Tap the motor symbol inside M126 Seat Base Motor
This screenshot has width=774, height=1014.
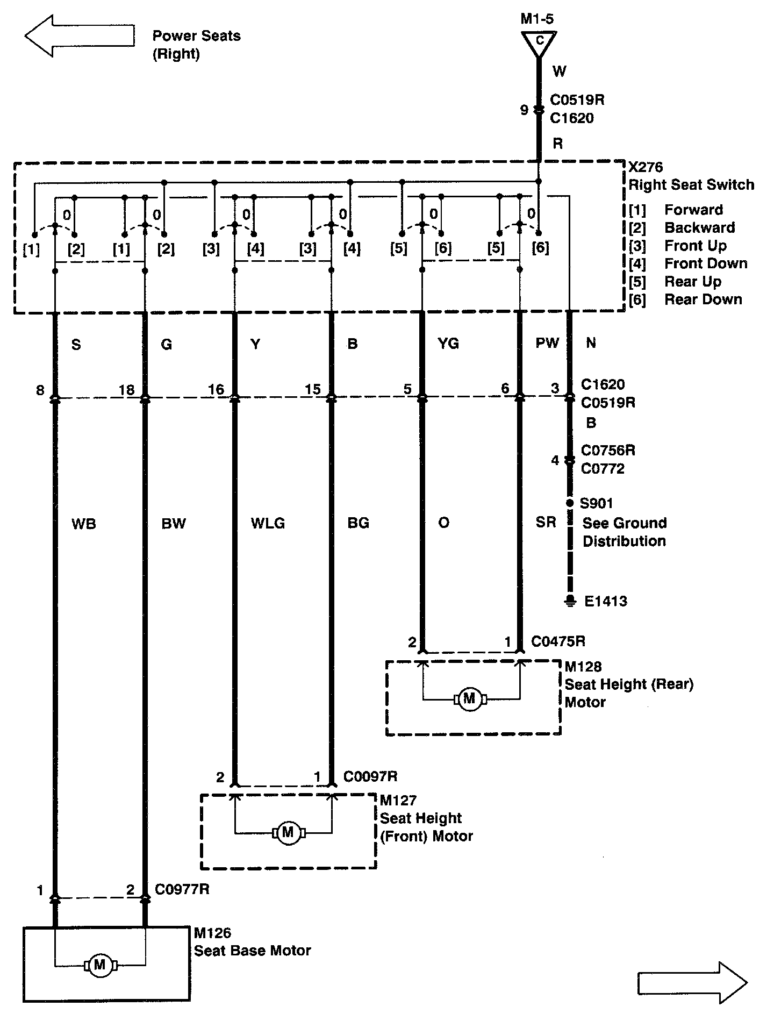click(x=100, y=965)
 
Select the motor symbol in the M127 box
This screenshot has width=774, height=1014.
click(x=288, y=833)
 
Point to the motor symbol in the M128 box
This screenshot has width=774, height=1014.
click(x=470, y=698)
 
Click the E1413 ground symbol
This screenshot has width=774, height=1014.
click(x=570, y=601)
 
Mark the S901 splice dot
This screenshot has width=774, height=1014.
click(x=570, y=503)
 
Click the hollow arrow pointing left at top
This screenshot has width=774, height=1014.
click(x=79, y=36)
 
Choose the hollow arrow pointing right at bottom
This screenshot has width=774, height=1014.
click(x=692, y=983)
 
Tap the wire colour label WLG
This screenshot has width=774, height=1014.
click(x=268, y=523)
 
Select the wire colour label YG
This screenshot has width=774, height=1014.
click(x=448, y=343)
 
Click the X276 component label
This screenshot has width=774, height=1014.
click(x=646, y=167)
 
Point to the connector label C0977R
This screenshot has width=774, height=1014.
click(x=182, y=889)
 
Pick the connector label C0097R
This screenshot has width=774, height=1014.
click(x=370, y=776)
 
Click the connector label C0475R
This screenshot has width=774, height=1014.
click(x=558, y=641)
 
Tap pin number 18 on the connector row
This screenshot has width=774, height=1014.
click(x=127, y=389)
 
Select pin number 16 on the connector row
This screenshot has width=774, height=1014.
click(x=216, y=389)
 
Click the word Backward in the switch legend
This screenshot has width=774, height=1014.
click(x=699, y=227)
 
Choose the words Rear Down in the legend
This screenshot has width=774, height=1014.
click(x=703, y=299)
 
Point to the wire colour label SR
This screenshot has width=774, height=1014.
click(x=546, y=522)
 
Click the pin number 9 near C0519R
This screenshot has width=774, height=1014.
click(x=524, y=110)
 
